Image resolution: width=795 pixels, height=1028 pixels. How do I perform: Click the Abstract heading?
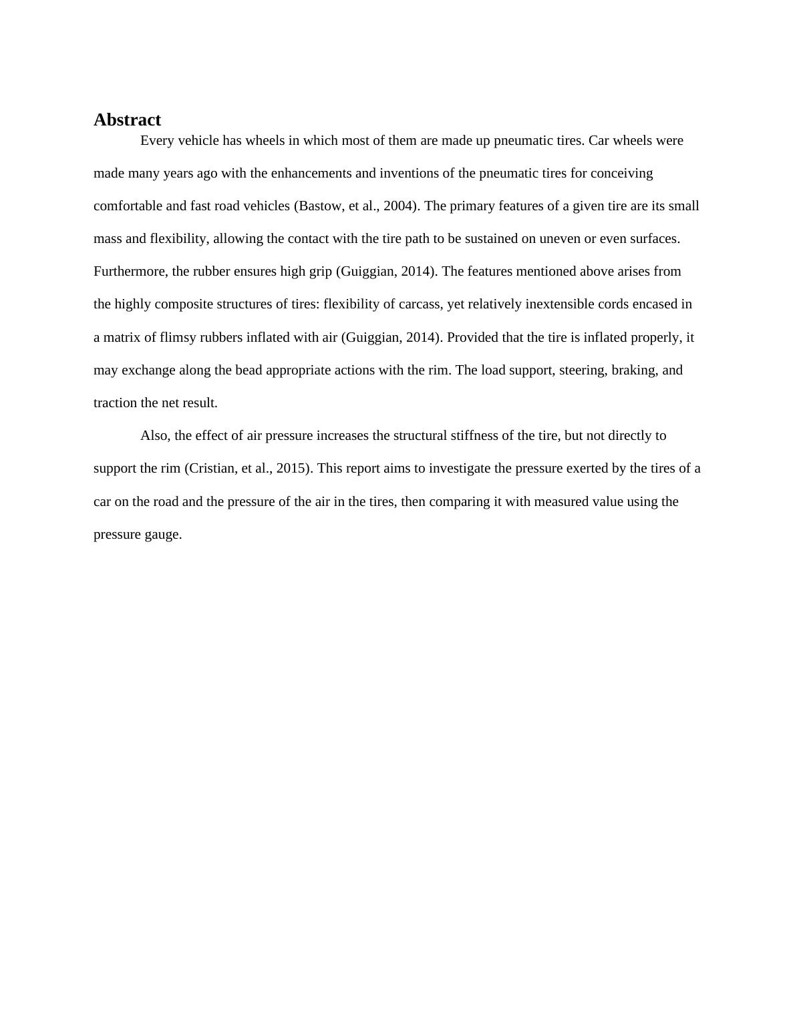127,120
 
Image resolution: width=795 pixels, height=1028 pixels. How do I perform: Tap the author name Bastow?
320,206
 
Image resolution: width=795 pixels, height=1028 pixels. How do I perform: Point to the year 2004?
399,206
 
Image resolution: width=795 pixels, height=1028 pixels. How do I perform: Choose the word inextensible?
562,304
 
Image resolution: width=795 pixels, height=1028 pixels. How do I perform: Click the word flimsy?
178,338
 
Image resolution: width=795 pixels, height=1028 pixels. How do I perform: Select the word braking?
633,370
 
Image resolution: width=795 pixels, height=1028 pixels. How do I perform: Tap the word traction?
115,403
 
